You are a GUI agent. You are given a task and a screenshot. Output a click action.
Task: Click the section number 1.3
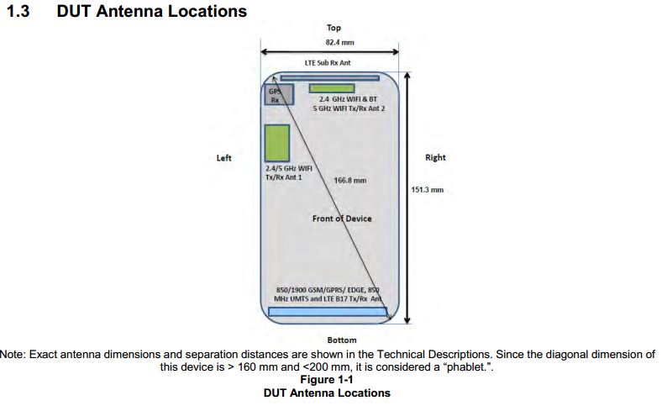pos(18,12)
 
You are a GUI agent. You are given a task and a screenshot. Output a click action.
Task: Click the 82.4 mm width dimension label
pos(340,43)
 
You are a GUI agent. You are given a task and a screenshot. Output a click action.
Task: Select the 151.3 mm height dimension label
pos(427,190)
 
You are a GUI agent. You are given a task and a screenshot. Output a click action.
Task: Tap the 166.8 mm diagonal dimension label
pos(350,181)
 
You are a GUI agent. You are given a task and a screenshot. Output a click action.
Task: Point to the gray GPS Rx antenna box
pos(279,94)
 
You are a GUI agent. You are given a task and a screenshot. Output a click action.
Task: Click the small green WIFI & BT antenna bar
pos(332,88)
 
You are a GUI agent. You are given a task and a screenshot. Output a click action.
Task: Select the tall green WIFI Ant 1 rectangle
pos(277,144)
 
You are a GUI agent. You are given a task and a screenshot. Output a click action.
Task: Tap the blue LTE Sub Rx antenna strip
pos(329,78)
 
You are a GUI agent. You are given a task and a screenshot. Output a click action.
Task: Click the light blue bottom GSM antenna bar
pos(328,312)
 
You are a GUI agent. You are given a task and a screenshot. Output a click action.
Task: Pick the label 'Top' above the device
pos(334,28)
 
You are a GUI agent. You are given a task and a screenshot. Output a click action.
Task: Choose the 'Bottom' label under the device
pos(342,340)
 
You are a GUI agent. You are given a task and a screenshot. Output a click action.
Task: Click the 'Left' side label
pos(224,158)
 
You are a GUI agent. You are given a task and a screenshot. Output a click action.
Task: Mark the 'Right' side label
pos(436,157)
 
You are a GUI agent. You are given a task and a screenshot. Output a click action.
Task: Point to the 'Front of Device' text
pos(342,219)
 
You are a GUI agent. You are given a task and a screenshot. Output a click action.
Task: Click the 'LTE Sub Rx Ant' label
pos(328,63)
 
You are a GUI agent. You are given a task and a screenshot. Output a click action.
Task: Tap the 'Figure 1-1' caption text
pos(327,380)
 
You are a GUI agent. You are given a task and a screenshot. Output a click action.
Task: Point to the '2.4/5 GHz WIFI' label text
pos(289,168)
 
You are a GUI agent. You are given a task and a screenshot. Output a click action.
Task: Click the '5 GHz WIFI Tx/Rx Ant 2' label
pos(349,108)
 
